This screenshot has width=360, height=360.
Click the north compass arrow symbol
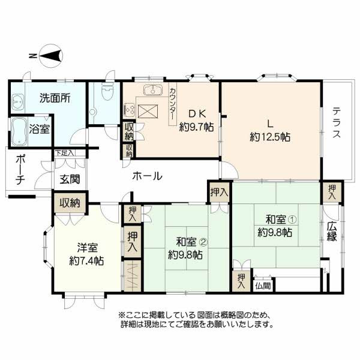[x=51, y=56]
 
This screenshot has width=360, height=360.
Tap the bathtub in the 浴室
[x=19, y=131]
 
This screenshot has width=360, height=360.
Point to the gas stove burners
[x=129, y=109]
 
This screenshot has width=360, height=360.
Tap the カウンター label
[x=173, y=104]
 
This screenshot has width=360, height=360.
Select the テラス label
[x=337, y=123]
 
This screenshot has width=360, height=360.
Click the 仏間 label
[x=263, y=286]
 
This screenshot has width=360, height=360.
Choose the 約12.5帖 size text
[x=270, y=137]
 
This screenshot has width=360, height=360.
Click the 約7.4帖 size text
[x=86, y=260]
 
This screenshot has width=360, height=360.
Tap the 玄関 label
[x=70, y=179]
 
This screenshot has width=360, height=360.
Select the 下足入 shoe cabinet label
[x=65, y=153]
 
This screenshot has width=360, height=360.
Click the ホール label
[x=148, y=176]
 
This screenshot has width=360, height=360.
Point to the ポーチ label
[x=20, y=170]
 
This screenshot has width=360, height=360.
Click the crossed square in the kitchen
[x=148, y=112]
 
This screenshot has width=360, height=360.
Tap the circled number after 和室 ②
[x=203, y=242]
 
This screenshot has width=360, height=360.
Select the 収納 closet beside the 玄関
[x=70, y=203]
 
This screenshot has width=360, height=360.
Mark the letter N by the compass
[x=33, y=56]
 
